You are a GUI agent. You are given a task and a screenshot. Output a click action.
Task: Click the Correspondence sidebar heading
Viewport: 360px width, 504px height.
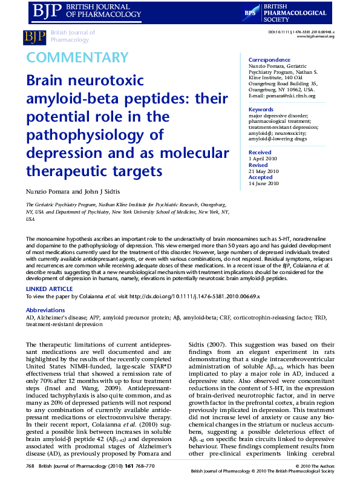tap(269, 60)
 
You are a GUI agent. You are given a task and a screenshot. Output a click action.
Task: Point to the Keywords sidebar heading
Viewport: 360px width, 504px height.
tap(261, 110)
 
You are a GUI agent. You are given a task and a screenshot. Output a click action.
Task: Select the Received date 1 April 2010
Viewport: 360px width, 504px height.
tap(262, 159)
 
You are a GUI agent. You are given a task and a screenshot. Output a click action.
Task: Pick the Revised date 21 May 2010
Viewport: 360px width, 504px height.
tap(264, 171)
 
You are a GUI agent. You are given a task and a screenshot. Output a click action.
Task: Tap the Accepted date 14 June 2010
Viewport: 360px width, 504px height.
tap(264, 183)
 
